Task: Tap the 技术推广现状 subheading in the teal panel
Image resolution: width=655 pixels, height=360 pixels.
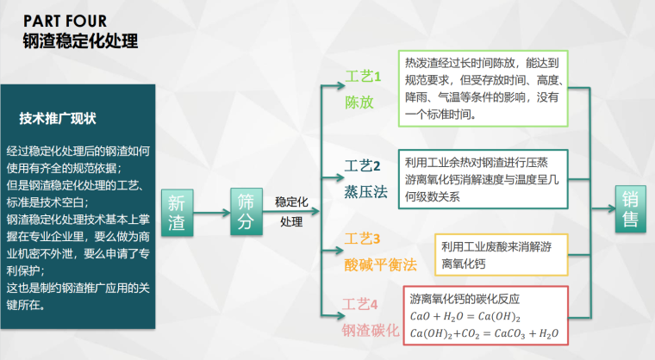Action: coord(58,118)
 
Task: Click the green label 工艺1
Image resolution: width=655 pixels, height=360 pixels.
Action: coord(363,78)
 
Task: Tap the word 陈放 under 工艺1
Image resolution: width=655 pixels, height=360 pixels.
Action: coord(359,102)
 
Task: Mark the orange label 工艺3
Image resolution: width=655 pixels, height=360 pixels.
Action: coord(363,239)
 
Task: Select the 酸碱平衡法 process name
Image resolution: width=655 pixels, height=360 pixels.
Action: coord(380,262)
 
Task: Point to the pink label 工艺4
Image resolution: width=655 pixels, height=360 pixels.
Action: coord(361,303)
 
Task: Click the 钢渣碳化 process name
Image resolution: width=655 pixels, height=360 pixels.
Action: coord(371,331)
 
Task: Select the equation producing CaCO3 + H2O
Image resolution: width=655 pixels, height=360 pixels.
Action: coord(484,333)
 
